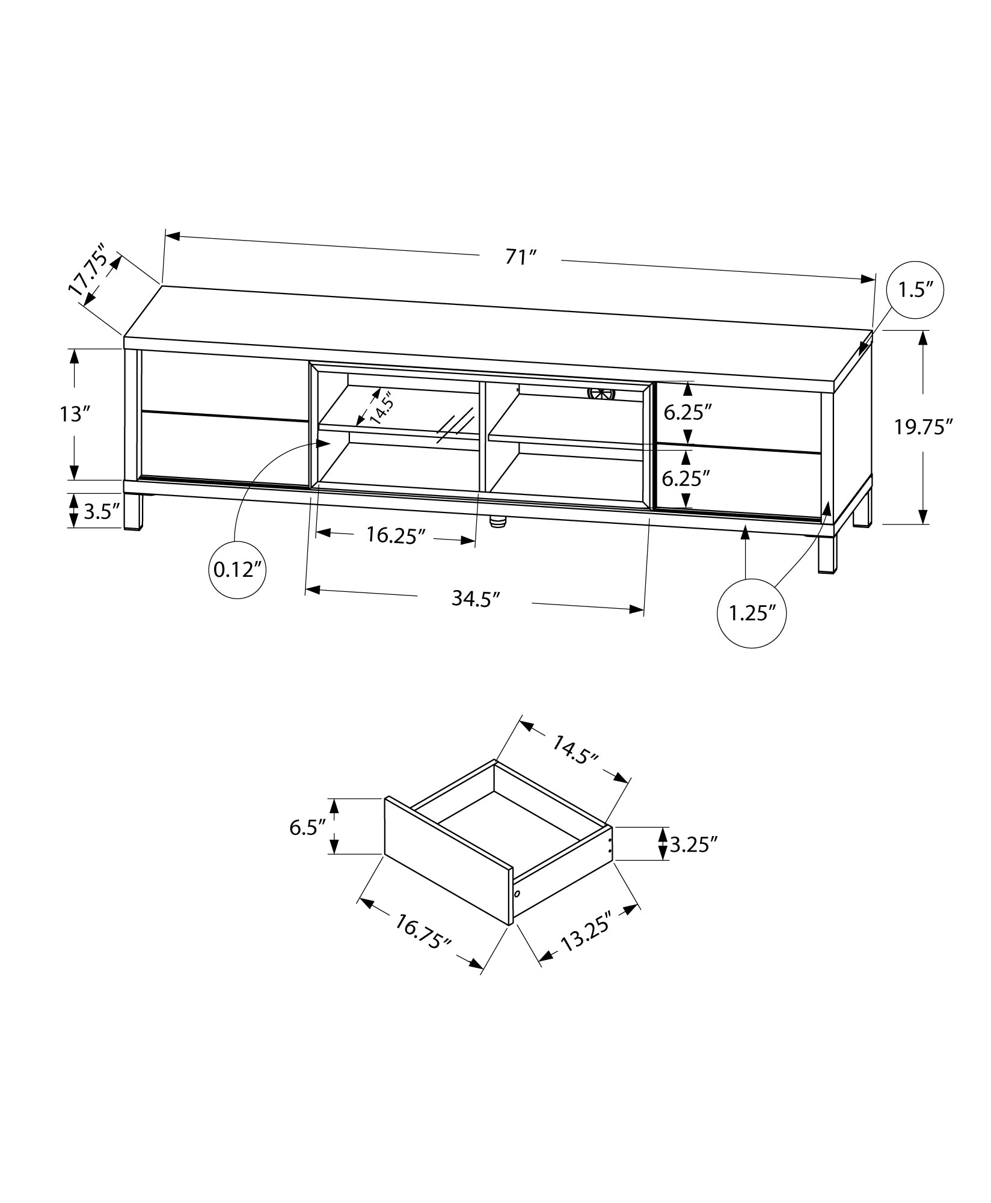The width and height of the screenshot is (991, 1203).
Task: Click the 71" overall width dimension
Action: (x=521, y=257)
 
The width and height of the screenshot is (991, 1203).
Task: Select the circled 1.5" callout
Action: (x=915, y=291)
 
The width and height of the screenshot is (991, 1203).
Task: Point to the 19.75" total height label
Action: (x=923, y=427)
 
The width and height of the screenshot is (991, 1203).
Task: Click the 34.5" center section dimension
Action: (x=476, y=599)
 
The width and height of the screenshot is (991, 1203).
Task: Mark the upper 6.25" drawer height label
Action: (x=687, y=412)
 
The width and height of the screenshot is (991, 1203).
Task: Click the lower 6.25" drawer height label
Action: (x=686, y=479)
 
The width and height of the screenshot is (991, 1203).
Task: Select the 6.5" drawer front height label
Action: (x=308, y=827)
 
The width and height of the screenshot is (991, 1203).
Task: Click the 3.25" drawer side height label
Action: (x=693, y=845)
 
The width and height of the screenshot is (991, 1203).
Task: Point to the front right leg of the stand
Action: (x=827, y=553)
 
